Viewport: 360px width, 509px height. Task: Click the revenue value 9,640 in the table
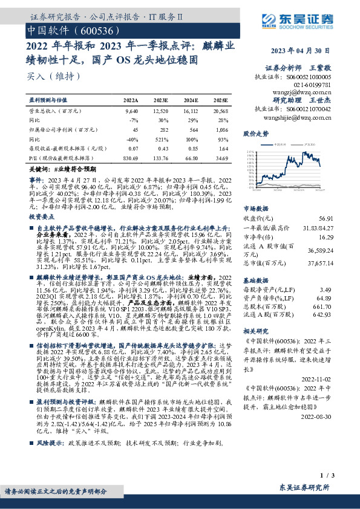(x=131, y=111)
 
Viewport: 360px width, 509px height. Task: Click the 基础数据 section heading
(x=255, y=281)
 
